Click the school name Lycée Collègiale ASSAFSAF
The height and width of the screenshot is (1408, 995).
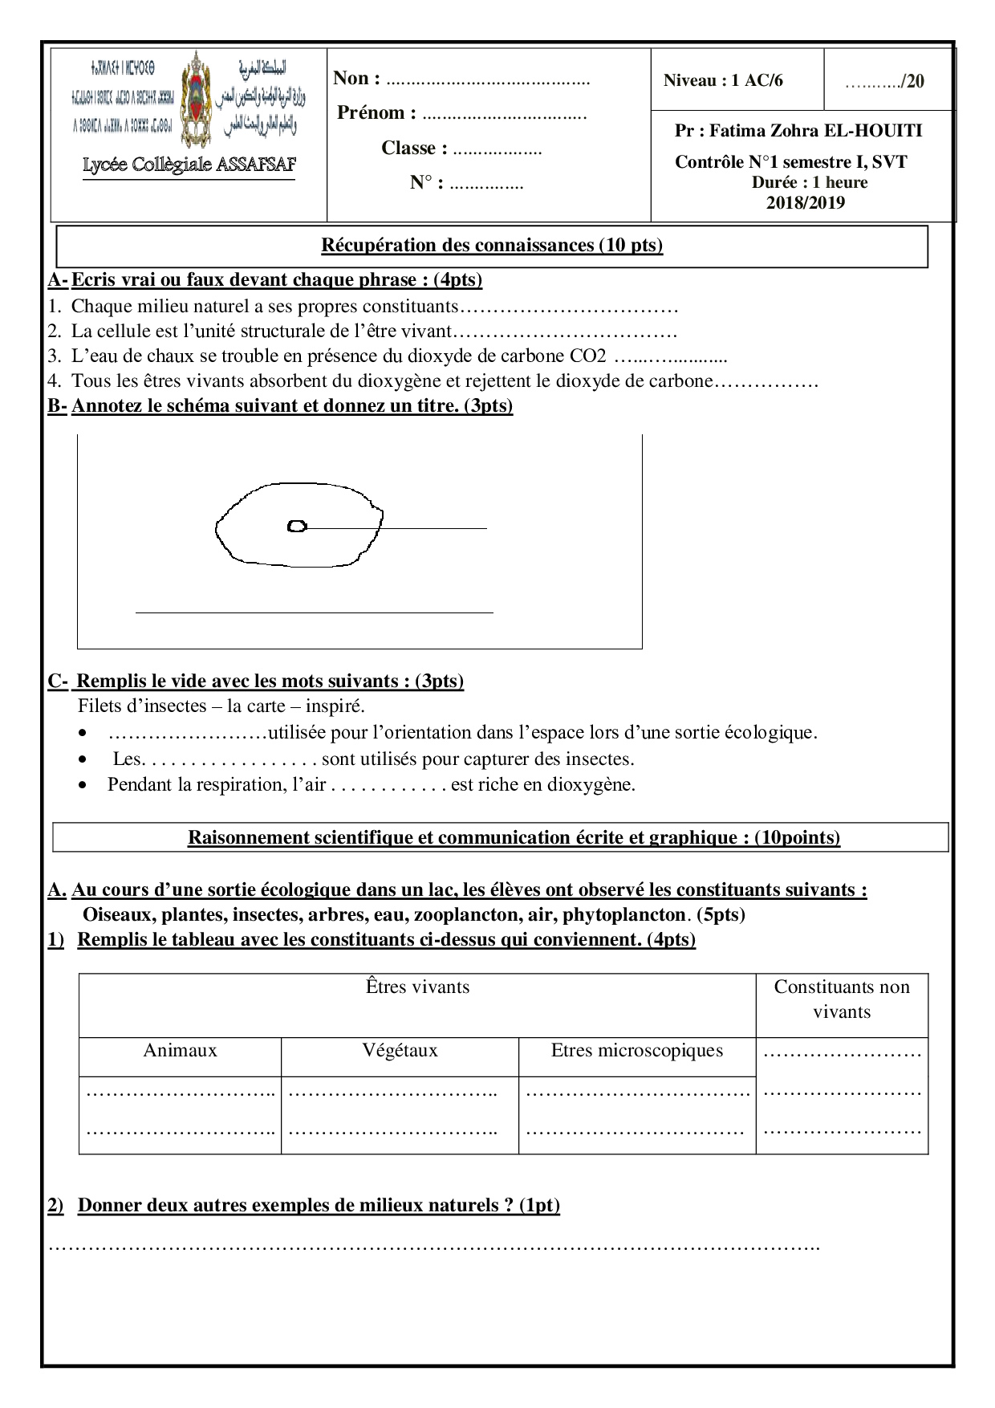click(189, 165)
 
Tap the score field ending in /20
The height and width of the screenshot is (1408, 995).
click(884, 81)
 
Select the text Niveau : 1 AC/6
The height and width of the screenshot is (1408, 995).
click(723, 80)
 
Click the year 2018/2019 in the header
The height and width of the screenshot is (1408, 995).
click(805, 202)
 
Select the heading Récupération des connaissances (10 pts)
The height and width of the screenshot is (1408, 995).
click(492, 246)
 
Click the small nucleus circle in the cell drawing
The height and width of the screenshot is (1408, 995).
click(297, 527)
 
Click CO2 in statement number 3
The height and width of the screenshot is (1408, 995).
click(588, 356)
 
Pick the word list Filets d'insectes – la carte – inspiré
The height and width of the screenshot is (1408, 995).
click(221, 706)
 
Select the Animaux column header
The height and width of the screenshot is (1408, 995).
click(180, 1051)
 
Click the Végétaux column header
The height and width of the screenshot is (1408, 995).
click(400, 1051)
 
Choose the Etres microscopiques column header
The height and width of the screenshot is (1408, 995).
click(636, 1051)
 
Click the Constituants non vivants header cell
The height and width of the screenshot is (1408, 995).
click(842, 999)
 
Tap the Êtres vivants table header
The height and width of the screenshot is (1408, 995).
click(417, 987)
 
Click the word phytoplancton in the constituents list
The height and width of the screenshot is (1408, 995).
click(624, 914)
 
